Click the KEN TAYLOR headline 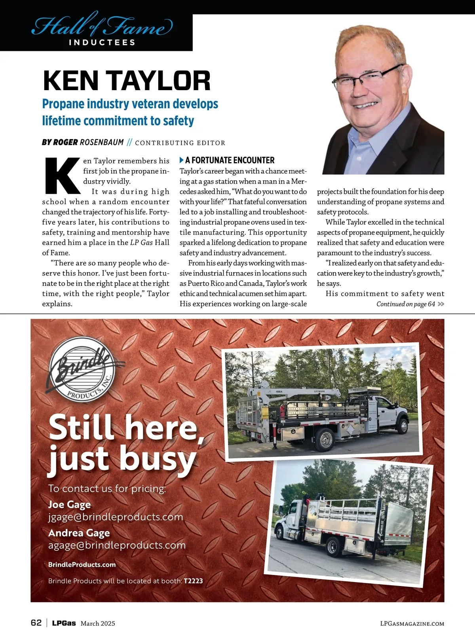tap(126, 81)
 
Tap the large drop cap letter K tap(61, 176)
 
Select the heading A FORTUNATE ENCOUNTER tap(230, 160)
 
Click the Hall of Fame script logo tap(102, 26)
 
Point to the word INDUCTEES tap(102, 42)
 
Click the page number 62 tap(36, 623)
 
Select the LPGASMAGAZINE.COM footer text tap(412, 624)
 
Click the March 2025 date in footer tap(98, 624)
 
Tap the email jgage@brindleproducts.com tap(116, 517)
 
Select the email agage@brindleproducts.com tap(117, 545)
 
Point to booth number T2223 tap(193, 581)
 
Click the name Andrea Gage tap(79, 533)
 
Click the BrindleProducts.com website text tap(82, 565)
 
